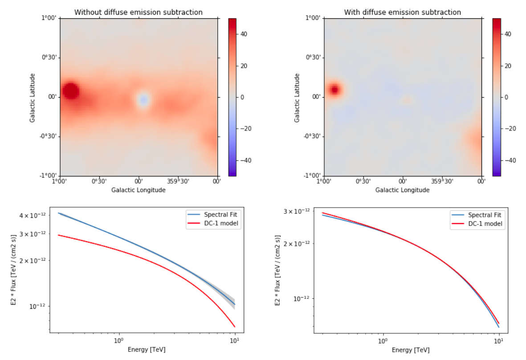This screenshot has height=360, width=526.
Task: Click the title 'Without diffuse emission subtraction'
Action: [x=138, y=12]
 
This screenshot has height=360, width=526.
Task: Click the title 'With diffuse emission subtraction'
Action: [x=402, y=12]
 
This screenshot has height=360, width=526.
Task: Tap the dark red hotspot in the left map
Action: [x=71, y=91]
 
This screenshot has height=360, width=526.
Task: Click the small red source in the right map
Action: [x=335, y=90]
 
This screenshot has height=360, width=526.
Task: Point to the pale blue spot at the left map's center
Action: [x=143, y=99]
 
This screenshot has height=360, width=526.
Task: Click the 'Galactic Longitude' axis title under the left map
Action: [x=139, y=190]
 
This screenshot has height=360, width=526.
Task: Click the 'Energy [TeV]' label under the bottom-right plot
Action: [x=411, y=350]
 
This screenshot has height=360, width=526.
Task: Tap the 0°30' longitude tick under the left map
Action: [x=99, y=181]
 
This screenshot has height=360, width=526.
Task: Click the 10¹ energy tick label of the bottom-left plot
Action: [x=235, y=341]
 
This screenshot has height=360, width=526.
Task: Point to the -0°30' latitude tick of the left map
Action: [x=49, y=136]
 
